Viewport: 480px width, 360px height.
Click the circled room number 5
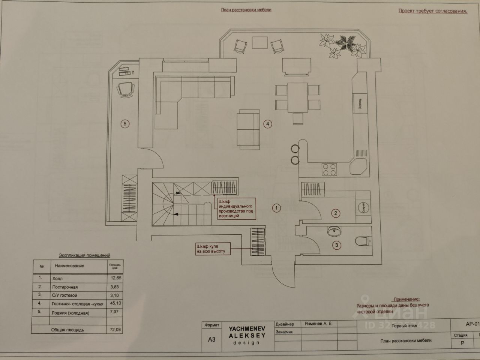pos(125,123)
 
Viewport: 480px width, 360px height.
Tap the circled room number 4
pos(267,124)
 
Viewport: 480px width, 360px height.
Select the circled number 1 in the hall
pos(276,208)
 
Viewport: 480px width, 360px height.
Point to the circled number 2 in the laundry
pos(336,213)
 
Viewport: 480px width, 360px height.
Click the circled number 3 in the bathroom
pos(337,245)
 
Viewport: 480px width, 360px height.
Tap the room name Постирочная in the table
pos(65,287)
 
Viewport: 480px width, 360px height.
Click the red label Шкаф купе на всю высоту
pos(210,249)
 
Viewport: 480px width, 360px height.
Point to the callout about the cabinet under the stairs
pos(235,208)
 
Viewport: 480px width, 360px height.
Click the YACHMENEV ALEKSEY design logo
pos(247,335)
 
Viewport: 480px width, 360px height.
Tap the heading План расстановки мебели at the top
pos(246,10)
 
